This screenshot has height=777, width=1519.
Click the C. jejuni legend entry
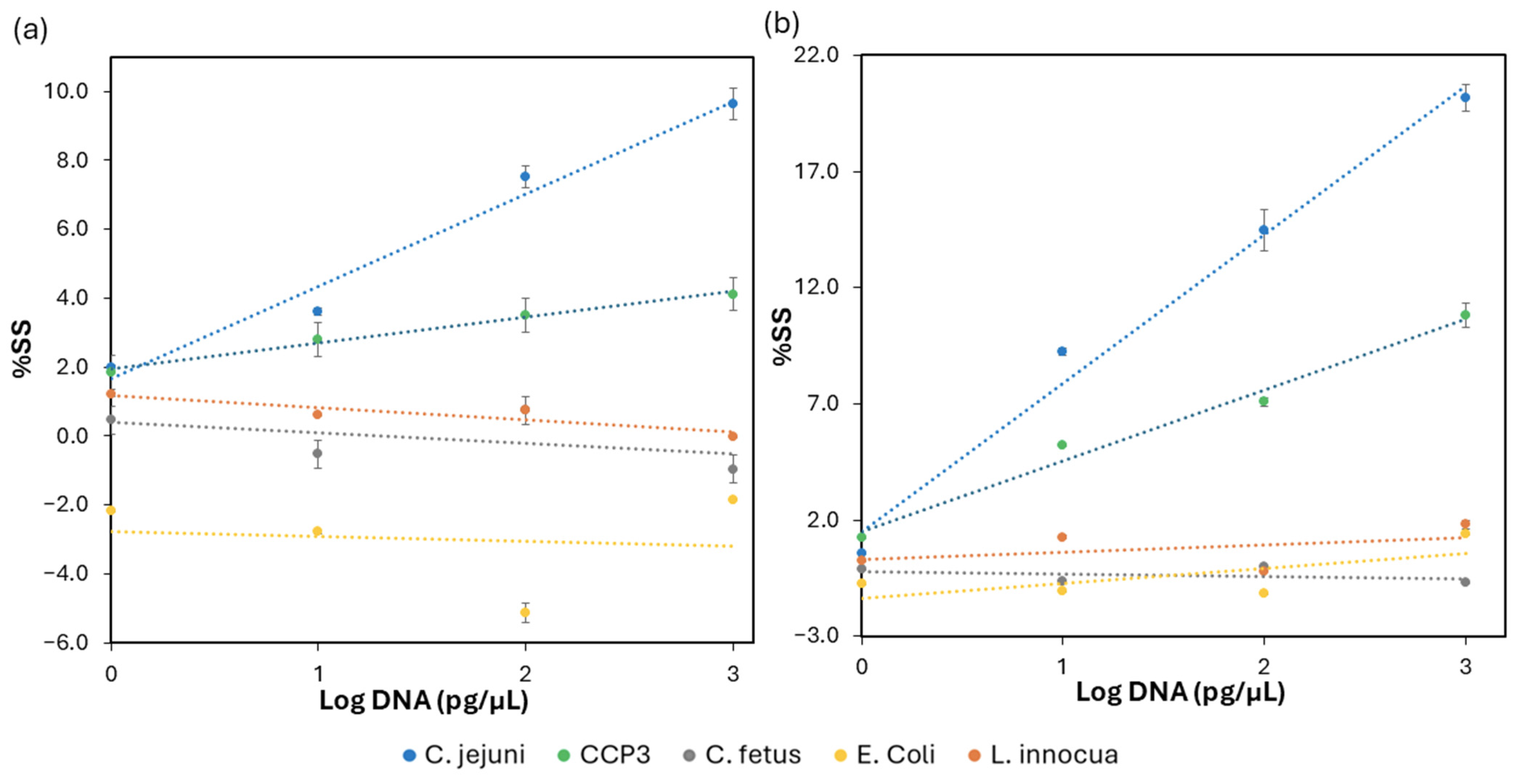(x=464, y=754)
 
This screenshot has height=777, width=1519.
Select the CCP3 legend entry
(x=604, y=754)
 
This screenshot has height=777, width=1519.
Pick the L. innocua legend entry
(x=1043, y=754)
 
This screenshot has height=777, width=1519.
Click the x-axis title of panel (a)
(x=423, y=701)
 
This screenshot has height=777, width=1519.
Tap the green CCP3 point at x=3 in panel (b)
(x=1465, y=315)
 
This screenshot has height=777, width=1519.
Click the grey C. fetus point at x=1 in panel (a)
(x=317, y=453)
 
